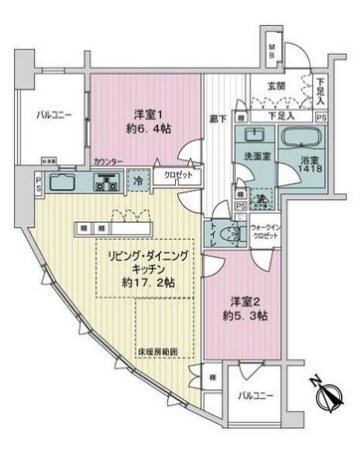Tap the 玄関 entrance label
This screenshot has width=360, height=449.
pyautogui.click(x=261, y=87)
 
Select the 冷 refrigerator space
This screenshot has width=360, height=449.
pyautogui.click(x=136, y=181)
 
